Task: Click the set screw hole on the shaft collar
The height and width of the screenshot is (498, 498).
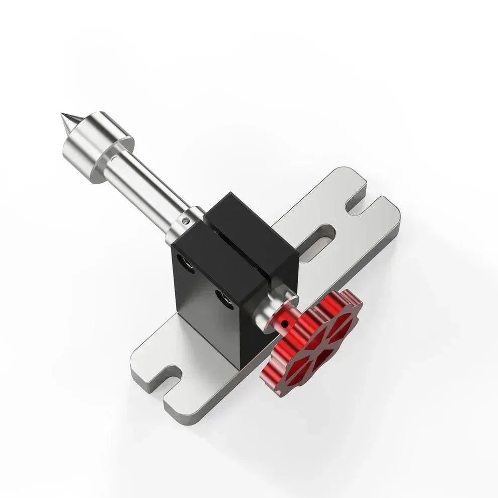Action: coord(186,220)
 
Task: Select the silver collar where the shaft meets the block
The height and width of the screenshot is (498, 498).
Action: coord(181,226)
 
